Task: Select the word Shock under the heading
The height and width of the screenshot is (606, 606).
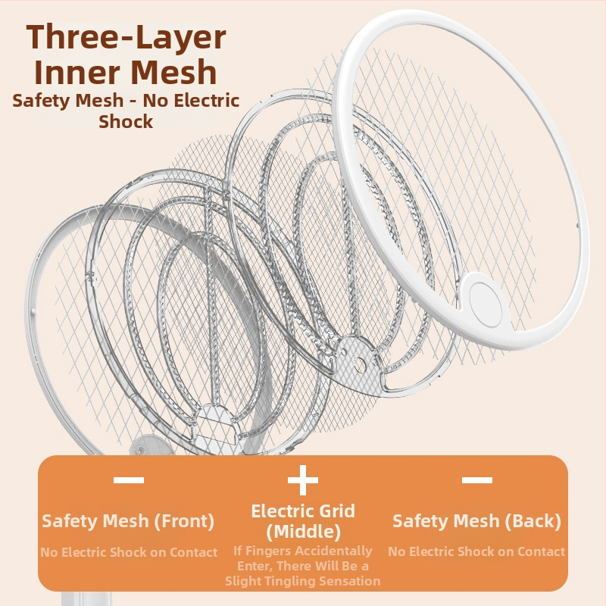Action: (x=126, y=122)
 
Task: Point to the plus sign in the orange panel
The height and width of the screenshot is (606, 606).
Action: (x=302, y=479)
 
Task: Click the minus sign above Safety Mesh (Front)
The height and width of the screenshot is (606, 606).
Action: (x=129, y=480)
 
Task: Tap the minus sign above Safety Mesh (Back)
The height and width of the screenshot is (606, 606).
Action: (x=477, y=480)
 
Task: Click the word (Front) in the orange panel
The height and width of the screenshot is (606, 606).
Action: (x=184, y=521)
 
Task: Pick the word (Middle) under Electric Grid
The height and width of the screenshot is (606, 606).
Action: (x=304, y=532)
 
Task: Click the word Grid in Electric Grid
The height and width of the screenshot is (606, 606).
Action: (x=336, y=511)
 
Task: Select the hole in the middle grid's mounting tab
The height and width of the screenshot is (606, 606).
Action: (x=359, y=364)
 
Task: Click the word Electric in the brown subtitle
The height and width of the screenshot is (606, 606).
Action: (x=211, y=101)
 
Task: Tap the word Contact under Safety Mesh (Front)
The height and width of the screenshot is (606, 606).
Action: (x=194, y=552)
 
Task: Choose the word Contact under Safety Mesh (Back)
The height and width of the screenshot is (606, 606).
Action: (x=541, y=551)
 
